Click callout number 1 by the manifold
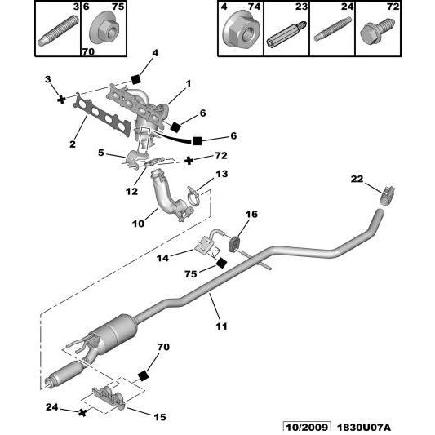coord(187,82)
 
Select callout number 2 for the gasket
coord(72,144)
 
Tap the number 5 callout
coord(100,153)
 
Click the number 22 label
coord(356,180)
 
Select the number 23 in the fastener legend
coord(301,7)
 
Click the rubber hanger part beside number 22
coord(388,195)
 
